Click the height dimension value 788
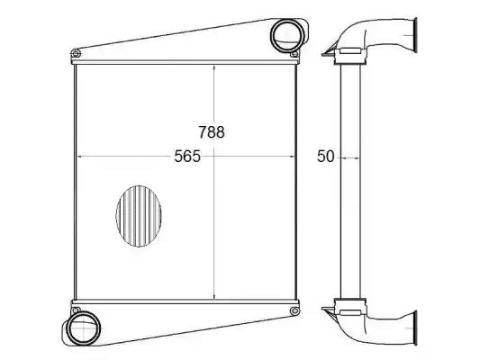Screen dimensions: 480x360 [x=212, y=131]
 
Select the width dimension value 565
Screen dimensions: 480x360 [x=187, y=157]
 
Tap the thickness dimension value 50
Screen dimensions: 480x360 [x=325, y=157]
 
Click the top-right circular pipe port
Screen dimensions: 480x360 [x=287, y=35]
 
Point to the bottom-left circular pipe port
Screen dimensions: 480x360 [x=84, y=328]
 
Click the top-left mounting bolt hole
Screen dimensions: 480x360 [x=76, y=53]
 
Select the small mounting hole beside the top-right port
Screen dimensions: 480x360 [x=294, y=54]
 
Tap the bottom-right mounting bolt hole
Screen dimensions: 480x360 [x=294, y=311]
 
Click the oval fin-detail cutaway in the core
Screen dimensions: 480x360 [x=139, y=216]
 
